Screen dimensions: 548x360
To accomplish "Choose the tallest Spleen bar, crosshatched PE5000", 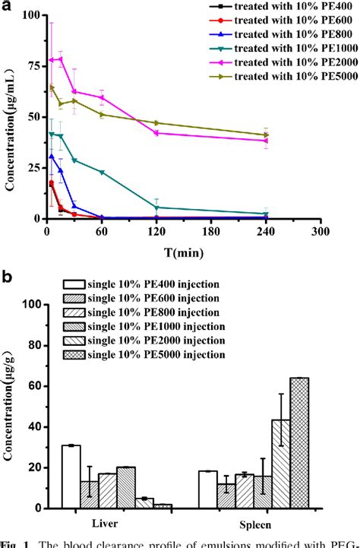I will (x=299, y=442).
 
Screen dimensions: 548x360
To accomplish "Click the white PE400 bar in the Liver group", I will (x=71, y=476).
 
